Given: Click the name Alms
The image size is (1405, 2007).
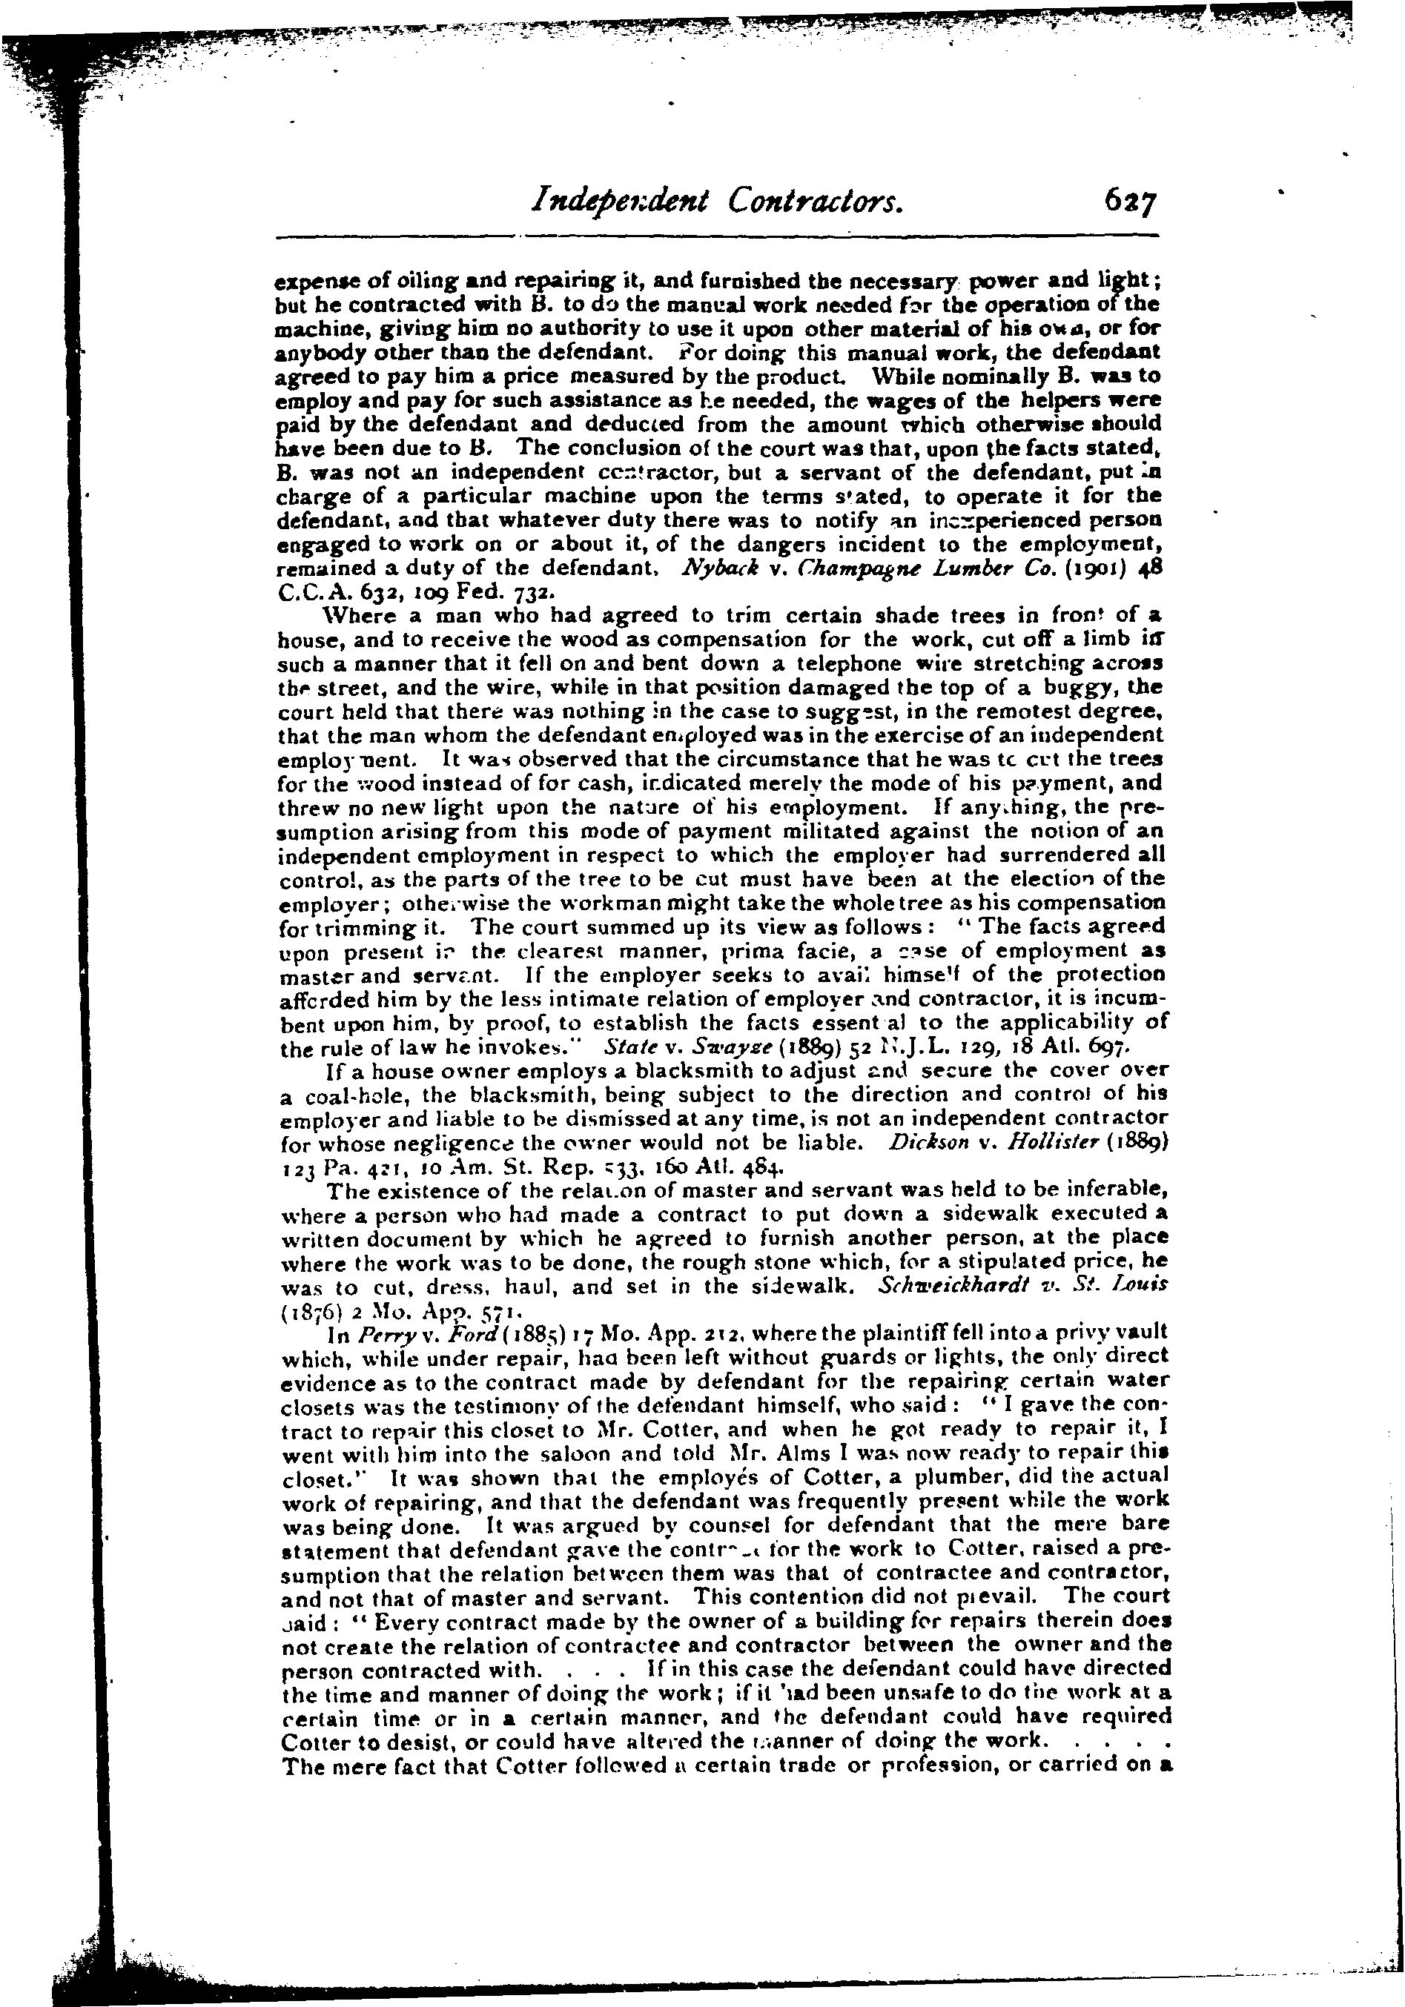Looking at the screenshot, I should [781, 1455].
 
